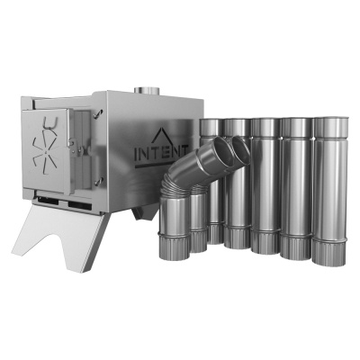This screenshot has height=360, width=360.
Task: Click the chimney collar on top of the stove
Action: (147, 90)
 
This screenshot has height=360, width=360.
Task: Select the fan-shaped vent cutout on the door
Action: (44, 153)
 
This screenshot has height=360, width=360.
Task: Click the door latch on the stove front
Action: (75, 148)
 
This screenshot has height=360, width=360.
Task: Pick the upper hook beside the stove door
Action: (98, 113)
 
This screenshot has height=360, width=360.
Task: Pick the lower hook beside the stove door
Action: (98, 181)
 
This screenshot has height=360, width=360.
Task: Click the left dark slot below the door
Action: (48, 200)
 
